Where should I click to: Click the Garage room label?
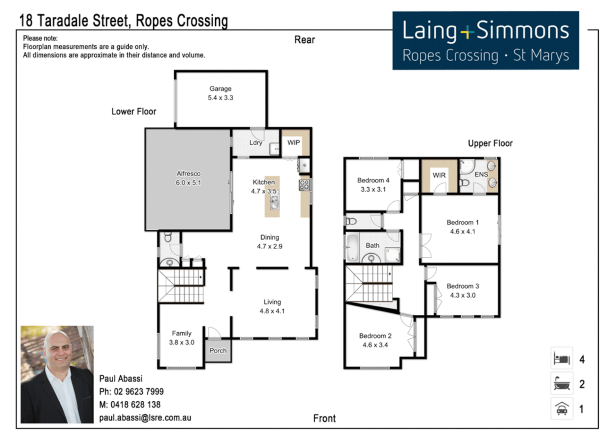click(220, 89)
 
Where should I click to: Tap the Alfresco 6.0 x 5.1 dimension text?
click(188, 183)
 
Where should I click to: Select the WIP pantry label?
click(293, 143)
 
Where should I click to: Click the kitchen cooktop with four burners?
click(304, 185)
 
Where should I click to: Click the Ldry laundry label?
click(256, 143)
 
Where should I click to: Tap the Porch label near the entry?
click(218, 351)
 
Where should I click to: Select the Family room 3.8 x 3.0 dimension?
click(181, 343)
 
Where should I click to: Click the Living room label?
click(272, 302)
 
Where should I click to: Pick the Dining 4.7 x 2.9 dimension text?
click(270, 246)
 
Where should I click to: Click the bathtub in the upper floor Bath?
click(352, 247)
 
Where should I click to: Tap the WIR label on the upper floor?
click(439, 175)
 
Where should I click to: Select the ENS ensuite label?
click(481, 174)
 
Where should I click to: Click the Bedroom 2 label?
click(375, 336)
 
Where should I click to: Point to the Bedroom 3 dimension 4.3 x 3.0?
click(463, 295)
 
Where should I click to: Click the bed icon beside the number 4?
click(562, 358)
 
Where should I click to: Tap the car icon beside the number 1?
click(562, 409)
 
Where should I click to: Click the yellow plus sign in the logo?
click(467, 32)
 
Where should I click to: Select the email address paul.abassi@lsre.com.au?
click(145, 418)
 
